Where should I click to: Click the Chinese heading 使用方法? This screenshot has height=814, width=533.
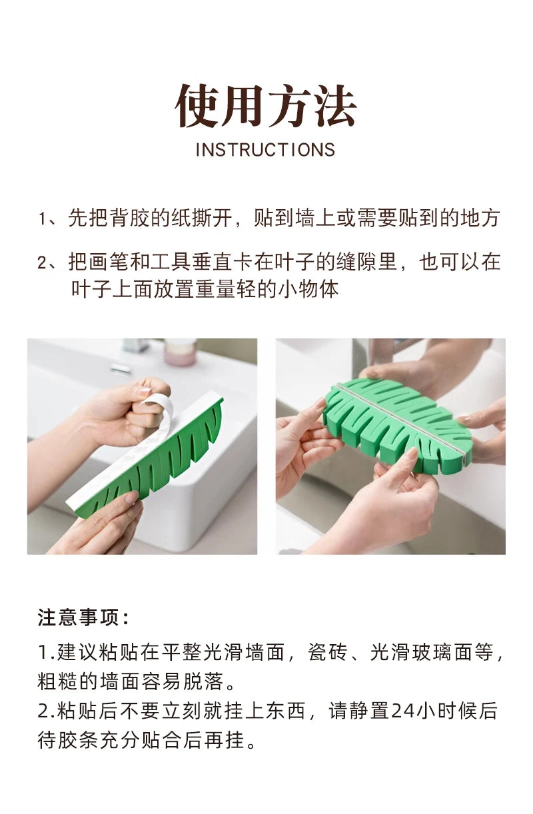click(266, 106)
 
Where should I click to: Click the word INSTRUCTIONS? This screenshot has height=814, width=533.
click(265, 150)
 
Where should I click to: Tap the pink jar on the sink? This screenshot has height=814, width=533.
click(180, 352)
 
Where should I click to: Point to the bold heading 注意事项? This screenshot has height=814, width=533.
click(83, 617)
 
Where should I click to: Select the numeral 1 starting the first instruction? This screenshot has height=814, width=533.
click(42, 219)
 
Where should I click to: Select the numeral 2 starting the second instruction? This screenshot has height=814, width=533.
click(42, 262)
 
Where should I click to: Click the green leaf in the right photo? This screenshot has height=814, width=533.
click(397, 427)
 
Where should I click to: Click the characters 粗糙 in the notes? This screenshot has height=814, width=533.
click(57, 681)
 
